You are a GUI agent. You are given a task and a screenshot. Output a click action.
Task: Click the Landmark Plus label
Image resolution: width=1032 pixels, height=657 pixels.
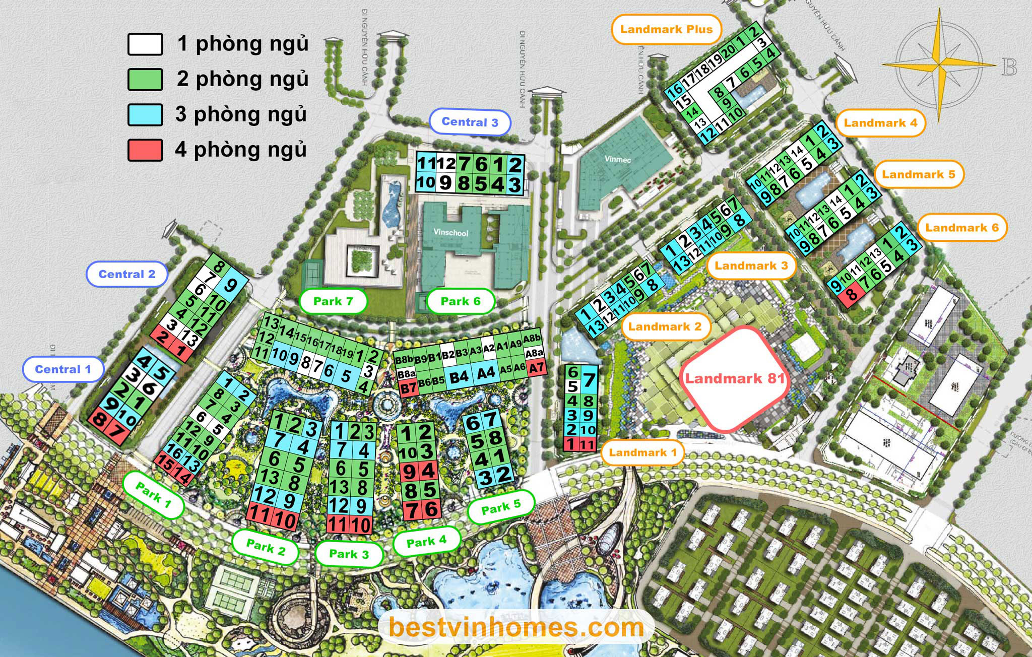(x=666, y=29)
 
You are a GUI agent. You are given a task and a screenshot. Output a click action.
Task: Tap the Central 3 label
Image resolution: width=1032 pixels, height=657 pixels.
(x=470, y=122)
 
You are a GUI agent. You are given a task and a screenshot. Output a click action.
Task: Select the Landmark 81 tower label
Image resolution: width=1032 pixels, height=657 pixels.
(x=734, y=378)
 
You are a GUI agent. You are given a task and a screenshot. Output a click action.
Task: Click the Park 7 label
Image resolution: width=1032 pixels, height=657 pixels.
(x=333, y=301)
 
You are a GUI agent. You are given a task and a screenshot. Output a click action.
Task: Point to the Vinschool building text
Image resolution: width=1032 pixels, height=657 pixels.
(x=451, y=233)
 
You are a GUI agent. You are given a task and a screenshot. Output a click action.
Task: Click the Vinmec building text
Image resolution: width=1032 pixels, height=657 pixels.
(x=617, y=160)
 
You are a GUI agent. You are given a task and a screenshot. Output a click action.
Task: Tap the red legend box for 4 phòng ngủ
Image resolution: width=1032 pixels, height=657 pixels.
(x=145, y=150)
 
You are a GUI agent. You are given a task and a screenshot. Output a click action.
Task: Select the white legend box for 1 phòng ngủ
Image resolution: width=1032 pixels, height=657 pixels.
(x=145, y=44)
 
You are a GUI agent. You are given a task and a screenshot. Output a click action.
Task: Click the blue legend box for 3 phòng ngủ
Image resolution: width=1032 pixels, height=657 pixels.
(x=145, y=115)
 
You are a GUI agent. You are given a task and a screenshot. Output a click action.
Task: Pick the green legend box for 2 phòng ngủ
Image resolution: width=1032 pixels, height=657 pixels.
(x=145, y=80)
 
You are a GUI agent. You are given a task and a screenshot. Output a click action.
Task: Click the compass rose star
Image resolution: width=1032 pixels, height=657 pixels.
(x=939, y=65)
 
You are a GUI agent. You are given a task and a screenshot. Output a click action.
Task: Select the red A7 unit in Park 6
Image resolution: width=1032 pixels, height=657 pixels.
(x=536, y=368)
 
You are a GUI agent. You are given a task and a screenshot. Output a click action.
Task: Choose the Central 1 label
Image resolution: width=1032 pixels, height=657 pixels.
(x=63, y=369)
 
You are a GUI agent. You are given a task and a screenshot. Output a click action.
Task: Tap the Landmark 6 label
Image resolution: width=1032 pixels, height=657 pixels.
(x=961, y=228)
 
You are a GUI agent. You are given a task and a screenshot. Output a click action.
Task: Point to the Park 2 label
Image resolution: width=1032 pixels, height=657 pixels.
(x=266, y=546)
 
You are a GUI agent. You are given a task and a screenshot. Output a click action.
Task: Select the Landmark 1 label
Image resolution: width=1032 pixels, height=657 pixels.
(x=642, y=452)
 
